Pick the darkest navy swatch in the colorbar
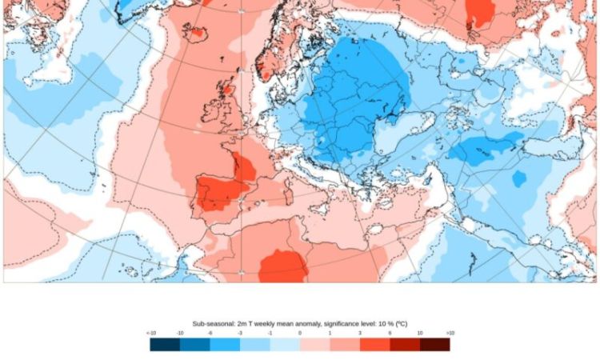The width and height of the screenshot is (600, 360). (x=165, y=344)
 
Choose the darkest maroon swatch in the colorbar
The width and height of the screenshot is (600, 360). (x=434, y=344)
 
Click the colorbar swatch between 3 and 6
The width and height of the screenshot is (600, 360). (x=374, y=344)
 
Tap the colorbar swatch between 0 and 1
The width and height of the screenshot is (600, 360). (x=314, y=344)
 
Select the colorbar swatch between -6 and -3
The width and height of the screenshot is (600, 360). (x=225, y=344)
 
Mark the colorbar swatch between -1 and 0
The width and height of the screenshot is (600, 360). (x=285, y=344)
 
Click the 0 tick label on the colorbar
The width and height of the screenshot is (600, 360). (x=300, y=333)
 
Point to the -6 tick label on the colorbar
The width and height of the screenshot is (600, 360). (x=210, y=333)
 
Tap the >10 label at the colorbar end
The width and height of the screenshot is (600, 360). (x=450, y=333)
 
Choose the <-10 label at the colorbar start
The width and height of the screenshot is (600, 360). (x=151, y=333)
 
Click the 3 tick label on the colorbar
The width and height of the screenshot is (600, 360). (x=360, y=333)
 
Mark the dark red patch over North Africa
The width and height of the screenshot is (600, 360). (x=283, y=266)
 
